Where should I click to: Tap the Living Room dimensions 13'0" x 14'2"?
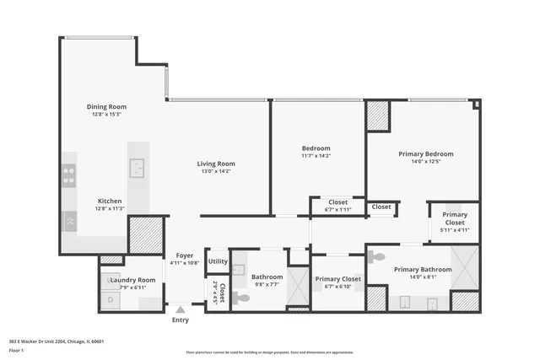click(216, 171)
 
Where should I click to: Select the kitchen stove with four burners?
click(69, 176)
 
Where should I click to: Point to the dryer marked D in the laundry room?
click(110, 298)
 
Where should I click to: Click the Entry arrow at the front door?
click(180, 309)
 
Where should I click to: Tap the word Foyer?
click(185, 255)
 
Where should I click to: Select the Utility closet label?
click(218, 261)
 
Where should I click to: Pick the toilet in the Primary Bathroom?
click(377, 256)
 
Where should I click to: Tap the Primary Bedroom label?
click(426, 154)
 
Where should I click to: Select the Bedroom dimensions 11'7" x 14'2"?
click(316, 155)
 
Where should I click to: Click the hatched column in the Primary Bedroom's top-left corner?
click(377, 116)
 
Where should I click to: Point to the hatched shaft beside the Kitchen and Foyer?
click(145, 235)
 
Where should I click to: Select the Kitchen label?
click(110, 201)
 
